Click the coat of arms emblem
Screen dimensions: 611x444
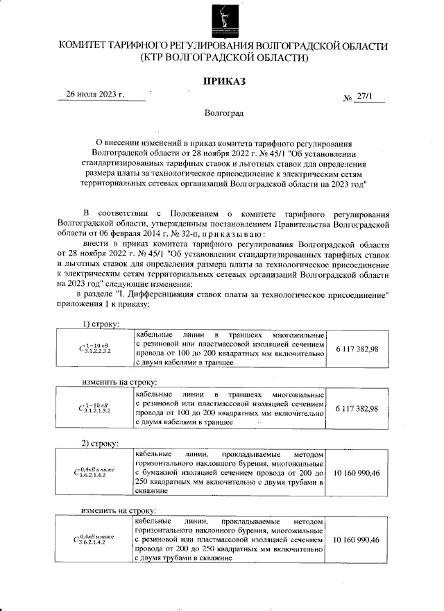click(223, 20)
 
